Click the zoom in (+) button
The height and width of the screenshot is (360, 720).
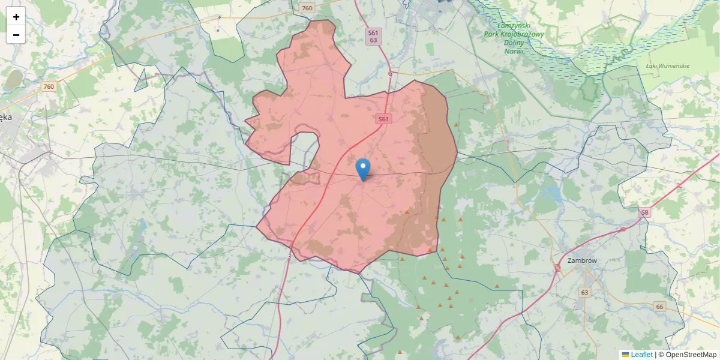(16, 17)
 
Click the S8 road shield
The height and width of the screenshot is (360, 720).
(645, 212)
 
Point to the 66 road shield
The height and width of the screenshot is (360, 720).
(659, 307)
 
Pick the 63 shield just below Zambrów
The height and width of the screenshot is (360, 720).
(584, 292)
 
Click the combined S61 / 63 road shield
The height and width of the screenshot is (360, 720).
(373, 37)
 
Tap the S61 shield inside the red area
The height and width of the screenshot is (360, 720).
(384, 119)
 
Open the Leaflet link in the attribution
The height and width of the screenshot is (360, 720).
(641, 355)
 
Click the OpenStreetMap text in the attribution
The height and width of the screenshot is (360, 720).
(688, 355)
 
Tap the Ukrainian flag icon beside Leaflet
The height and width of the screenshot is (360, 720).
(625, 355)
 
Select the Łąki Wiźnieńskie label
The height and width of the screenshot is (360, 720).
(667, 65)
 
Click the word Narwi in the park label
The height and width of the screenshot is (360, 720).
(514, 51)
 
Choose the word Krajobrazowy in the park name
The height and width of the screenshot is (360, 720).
(522, 34)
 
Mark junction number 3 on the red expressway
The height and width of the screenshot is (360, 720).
(289, 257)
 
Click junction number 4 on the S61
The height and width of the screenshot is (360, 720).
(390, 74)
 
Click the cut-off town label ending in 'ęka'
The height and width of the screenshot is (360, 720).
(6, 118)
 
